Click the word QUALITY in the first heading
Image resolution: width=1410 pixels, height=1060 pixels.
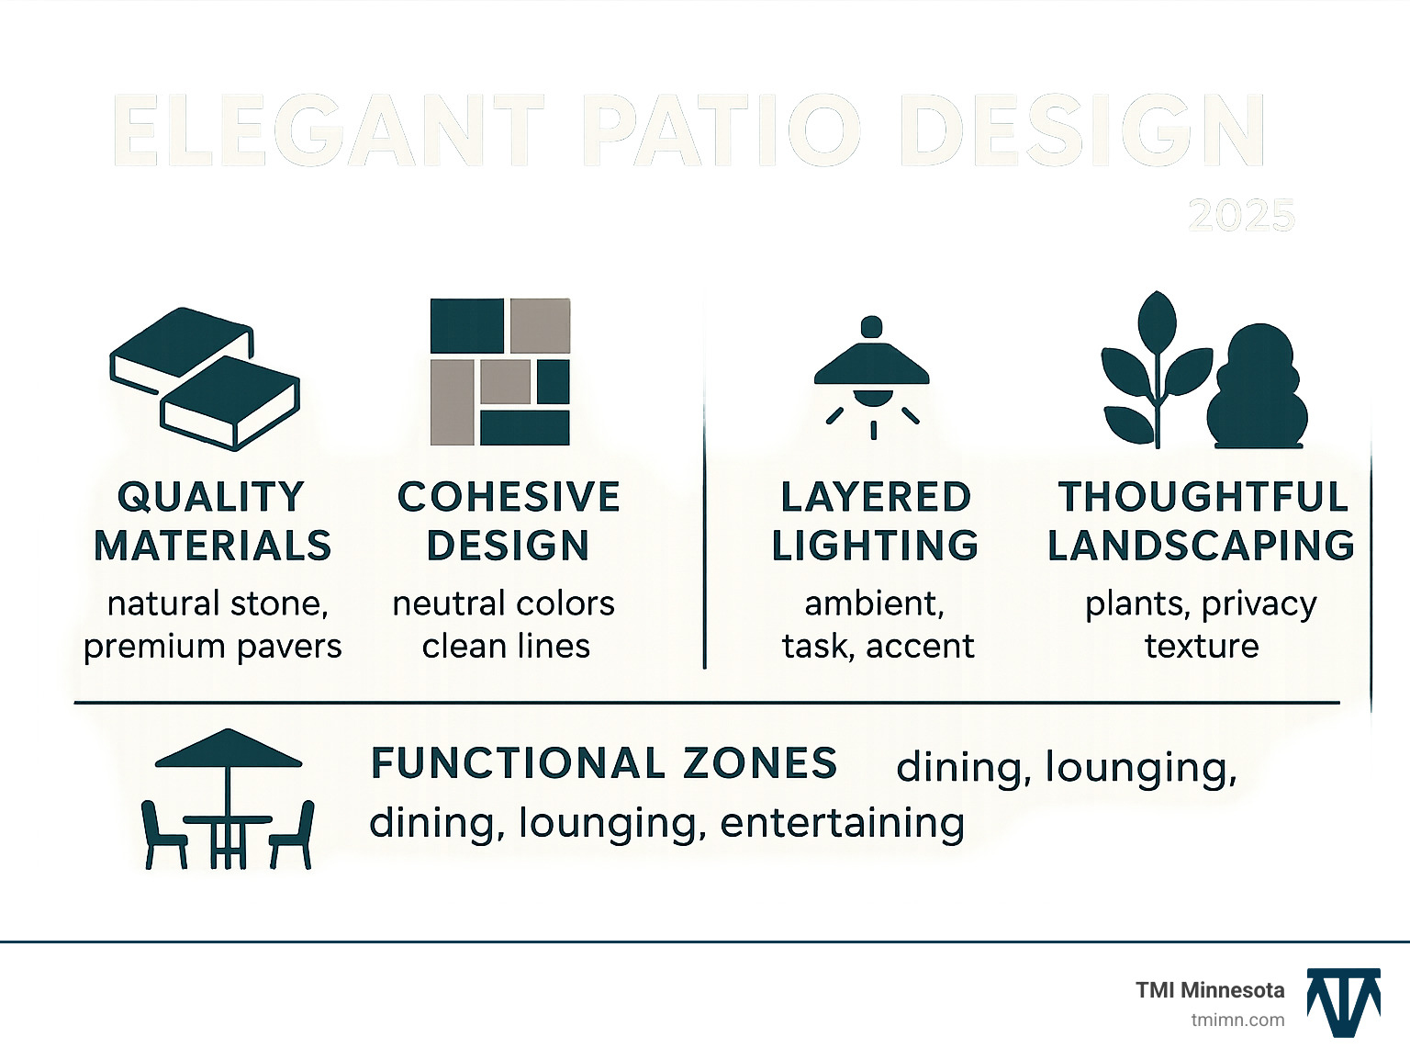pos(211,497)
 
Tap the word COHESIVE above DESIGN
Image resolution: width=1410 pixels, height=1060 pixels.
pos(509,497)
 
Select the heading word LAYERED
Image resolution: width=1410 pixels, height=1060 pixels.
pos(876,497)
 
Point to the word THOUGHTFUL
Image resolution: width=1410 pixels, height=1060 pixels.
pos(1203,497)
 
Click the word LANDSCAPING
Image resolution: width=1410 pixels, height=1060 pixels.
pos(1201,546)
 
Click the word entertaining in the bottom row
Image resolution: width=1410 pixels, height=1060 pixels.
pos(842,823)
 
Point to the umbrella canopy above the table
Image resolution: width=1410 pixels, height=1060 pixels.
pos(228,748)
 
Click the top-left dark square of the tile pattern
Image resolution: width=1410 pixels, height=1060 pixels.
pos(466,326)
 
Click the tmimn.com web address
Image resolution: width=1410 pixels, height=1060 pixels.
pos(1237,1020)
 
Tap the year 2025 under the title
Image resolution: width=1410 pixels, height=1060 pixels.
pos(1241,216)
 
